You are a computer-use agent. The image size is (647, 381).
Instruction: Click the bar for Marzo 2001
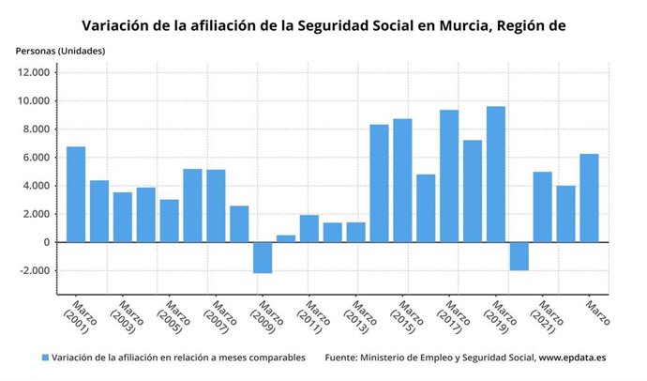coord(76,194)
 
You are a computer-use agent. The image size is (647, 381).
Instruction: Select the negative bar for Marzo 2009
coord(262,257)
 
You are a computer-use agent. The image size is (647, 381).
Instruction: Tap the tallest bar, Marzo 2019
coord(495,174)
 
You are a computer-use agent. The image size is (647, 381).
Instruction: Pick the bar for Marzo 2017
coord(449,175)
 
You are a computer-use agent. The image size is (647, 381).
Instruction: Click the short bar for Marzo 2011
coord(308,228)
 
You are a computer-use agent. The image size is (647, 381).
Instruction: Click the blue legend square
coord(44,358)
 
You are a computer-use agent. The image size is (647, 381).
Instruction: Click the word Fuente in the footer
coord(343,358)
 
